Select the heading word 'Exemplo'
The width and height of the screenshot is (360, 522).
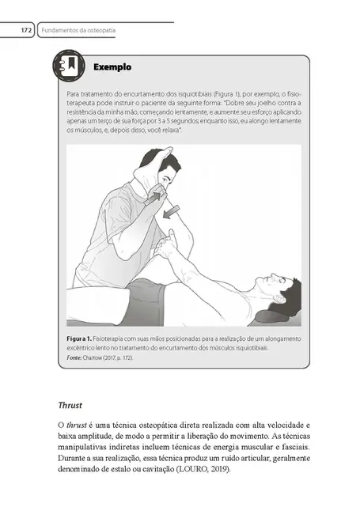point(112,68)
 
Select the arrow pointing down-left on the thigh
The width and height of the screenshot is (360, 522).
point(171,212)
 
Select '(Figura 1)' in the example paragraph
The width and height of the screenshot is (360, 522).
point(218,93)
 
